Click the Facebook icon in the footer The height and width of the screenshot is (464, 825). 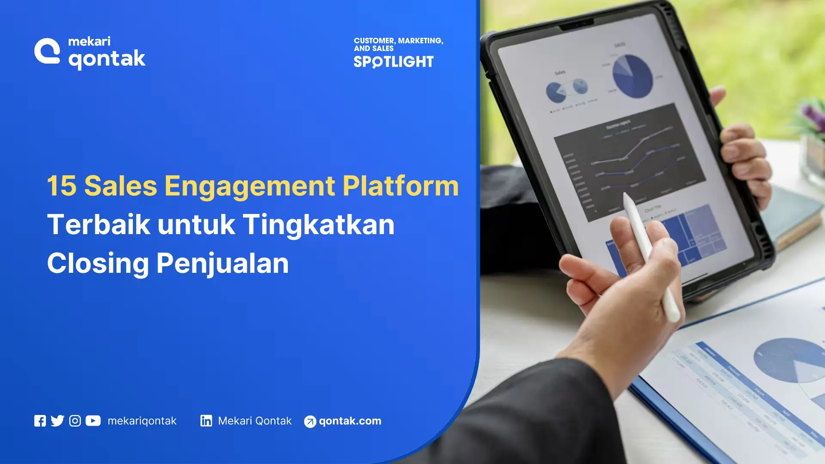[40, 421]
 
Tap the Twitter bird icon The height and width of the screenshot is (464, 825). [57, 421]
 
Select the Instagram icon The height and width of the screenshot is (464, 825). [75, 421]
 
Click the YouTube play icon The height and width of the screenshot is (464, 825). [93, 421]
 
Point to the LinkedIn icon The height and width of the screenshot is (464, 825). [206, 421]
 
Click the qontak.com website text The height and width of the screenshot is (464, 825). [350, 421]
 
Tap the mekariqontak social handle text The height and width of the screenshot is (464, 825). [142, 421]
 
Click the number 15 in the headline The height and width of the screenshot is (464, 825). [61, 186]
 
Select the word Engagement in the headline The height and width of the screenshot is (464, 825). [249, 187]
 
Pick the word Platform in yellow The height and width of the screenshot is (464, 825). [400, 186]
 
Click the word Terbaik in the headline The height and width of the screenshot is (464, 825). [98, 225]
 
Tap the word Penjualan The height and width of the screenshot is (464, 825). [222, 263]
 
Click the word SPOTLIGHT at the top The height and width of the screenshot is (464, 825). [394, 62]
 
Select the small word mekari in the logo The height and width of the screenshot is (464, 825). [89, 41]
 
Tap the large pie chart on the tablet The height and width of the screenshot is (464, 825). [632, 76]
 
